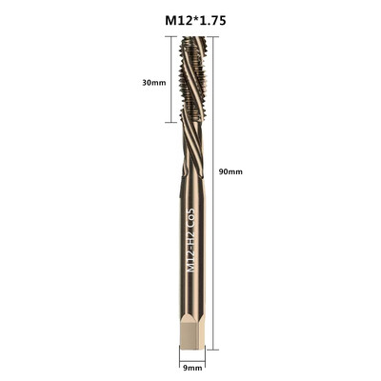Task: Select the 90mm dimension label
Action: [231, 171]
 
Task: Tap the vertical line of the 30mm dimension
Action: [174, 82]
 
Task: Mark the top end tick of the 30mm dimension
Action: [174, 40]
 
